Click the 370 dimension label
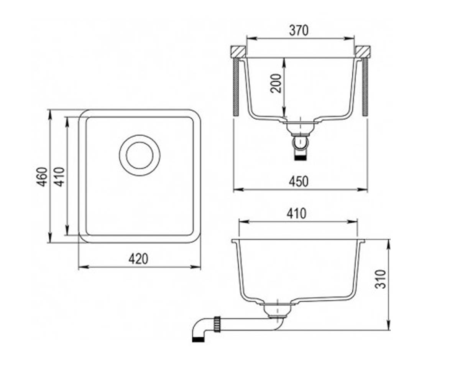pyautogui.click(x=299, y=31)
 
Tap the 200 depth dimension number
pyautogui.click(x=276, y=83)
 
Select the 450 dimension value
pyautogui.click(x=299, y=182)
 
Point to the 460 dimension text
pyautogui.click(x=42, y=177)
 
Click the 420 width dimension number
pyautogui.click(x=138, y=259)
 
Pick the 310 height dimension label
pyautogui.click(x=381, y=279)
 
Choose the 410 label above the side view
pyautogui.click(x=297, y=213)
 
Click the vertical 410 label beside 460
pyautogui.click(x=59, y=177)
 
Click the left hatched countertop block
pyautogui.click(x=238, y=52)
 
